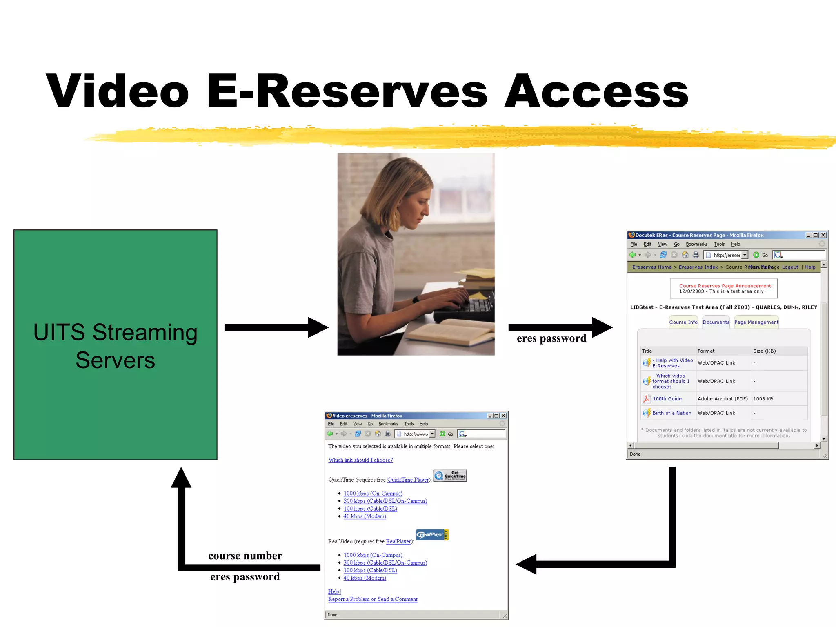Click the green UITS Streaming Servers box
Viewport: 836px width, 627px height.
coord(115,345)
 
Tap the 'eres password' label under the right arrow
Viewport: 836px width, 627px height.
coord(551,338)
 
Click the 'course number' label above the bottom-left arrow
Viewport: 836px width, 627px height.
coord(245,556)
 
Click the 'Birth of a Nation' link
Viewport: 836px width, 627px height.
coord(671,413)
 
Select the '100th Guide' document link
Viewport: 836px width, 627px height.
coord(667,399)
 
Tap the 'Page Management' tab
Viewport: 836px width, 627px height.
coord(756,322)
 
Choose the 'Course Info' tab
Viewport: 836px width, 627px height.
coord(683,322)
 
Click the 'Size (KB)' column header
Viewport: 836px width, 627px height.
coord(764,351)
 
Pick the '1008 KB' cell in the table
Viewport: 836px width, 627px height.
coord(763,399)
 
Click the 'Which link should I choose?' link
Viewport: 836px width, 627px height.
coord(360,460)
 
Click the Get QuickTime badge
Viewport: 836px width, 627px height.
coord(450,476)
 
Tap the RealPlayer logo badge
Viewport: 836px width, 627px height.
coord(432,534)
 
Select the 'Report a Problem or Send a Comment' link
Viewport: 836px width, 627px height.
coord(373,599)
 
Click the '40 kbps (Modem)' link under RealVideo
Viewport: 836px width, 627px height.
coord(365,578)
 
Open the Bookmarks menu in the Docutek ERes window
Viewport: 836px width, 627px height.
coord(696,244)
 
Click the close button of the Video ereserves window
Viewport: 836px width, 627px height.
coord(504,416)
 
